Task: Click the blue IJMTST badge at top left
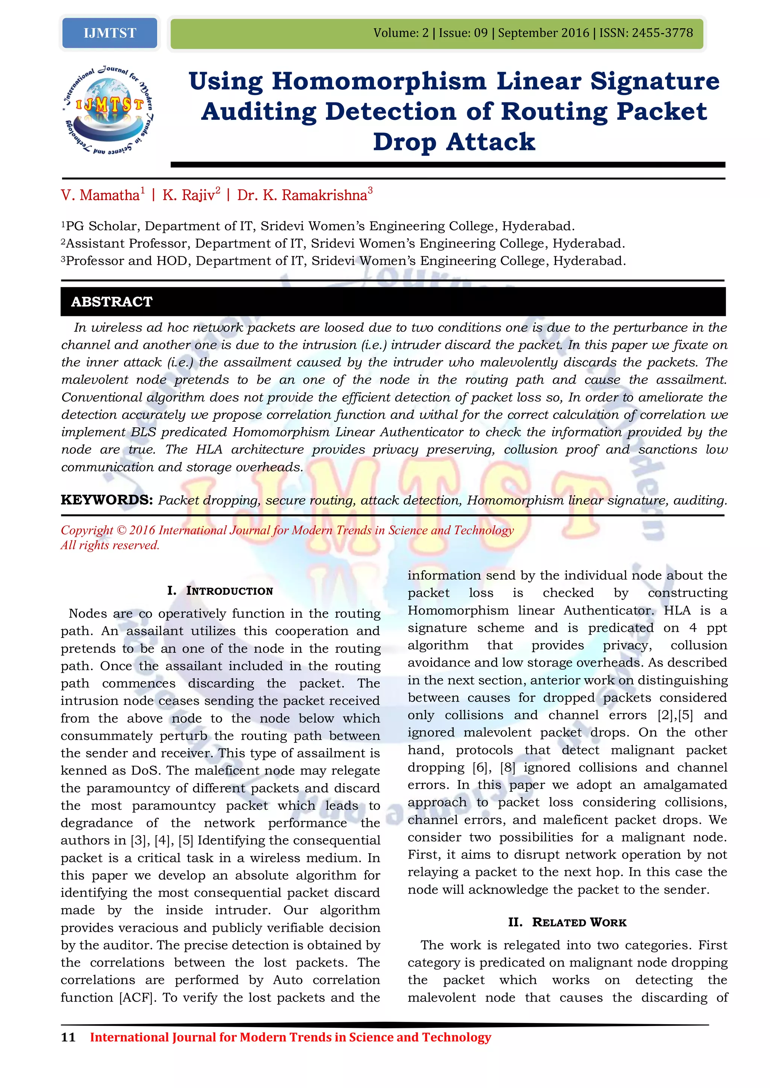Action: (x=109, y=33)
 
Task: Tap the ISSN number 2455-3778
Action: (x=662, y=33)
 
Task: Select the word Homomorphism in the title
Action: (x=379, y=81)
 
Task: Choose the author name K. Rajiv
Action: (x=188, y=195)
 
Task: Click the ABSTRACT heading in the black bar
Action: (x=112, y=301)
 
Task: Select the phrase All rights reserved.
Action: (x=110, y=546)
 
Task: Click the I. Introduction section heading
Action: (x=220, y=591)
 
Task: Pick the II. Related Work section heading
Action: (x=567, y=922)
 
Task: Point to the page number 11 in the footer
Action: (x=68, y=1037)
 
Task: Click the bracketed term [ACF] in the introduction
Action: (x=137, y=997)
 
